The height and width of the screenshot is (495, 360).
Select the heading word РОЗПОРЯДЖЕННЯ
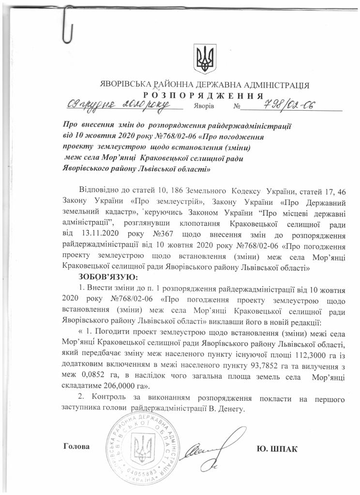pos(203,95)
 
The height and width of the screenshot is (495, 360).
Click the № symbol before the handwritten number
pos(237,106)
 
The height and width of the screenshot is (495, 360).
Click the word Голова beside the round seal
pos(76,445)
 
